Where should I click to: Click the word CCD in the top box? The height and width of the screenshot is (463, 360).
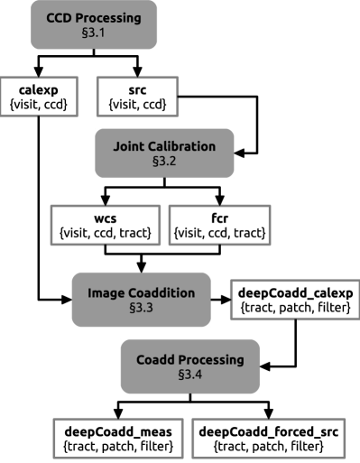point(60,18)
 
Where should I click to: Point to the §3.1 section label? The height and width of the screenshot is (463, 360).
point(94,33)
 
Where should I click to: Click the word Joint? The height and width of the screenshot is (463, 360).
point(130,146)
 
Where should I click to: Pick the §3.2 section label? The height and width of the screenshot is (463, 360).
point(164,162)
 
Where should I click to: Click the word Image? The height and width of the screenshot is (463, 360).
point(106,293)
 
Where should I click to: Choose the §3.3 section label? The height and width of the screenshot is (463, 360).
point(141,308)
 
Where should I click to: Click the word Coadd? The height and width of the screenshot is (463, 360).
point(156,359)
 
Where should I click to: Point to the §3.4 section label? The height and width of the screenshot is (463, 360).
point(189,375)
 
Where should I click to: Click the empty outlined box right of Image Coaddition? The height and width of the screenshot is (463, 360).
point(294,300)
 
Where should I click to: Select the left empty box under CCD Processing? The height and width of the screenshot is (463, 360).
point(39,97)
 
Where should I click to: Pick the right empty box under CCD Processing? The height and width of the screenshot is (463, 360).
point(137,97)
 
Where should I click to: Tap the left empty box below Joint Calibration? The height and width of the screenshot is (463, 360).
point(105,225)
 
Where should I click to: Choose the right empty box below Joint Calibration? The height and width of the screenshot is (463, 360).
point(219,225)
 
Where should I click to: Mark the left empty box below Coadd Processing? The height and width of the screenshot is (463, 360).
point(117,438)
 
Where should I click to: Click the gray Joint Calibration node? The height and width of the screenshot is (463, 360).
point(164,153)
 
